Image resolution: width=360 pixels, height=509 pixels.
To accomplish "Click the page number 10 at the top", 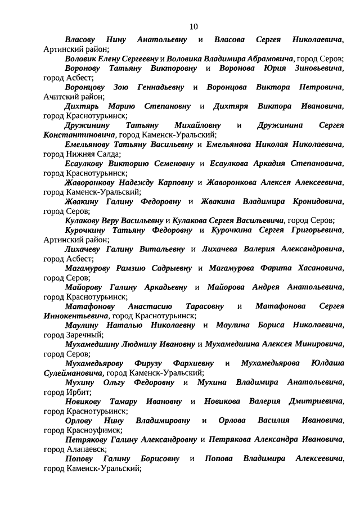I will pyautogui.click(x=193, y=26).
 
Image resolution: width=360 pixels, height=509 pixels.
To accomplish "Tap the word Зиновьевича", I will pyautogui.click(x=317, y=68).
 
